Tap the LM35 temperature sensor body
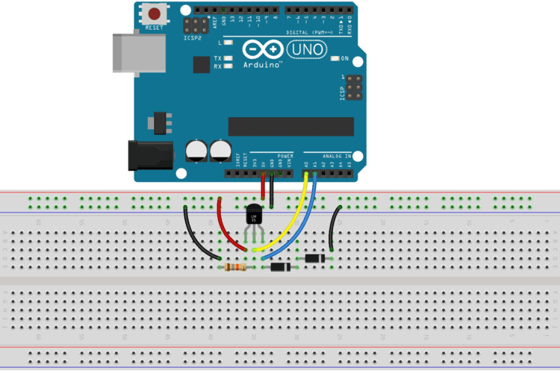click(254, 216)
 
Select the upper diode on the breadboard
click(315, 258)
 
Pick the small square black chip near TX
click(201, 66)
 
